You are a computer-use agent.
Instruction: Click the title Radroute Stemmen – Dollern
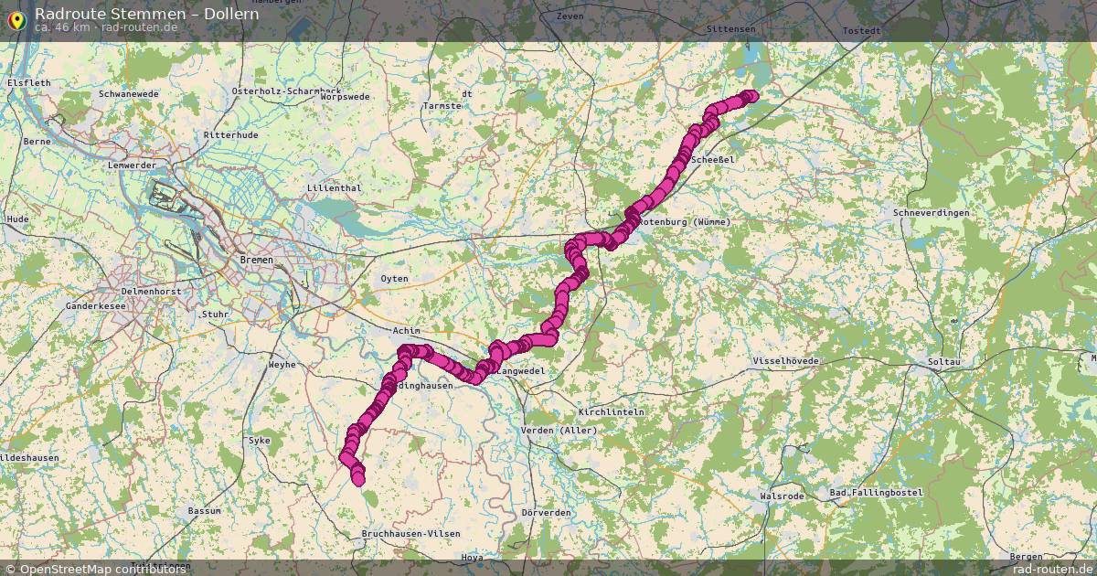(x=146, y=14)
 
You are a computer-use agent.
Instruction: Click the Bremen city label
(x=255, y=260)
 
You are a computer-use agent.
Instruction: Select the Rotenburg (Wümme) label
(x=672, y=222)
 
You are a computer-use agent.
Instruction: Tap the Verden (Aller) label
(x=558, y=431)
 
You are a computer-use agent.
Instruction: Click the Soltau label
(x=944, y=362)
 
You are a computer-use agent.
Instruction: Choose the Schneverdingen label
(x=932, y=212)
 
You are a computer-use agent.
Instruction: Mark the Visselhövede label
(x=785, y=361)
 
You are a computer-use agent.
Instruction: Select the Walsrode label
(x=782, y=496)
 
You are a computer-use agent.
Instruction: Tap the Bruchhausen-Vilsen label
(x=410, y=533)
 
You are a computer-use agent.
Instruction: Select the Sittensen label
(x=731, y=29)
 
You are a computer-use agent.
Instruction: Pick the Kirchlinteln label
(x=611, y=411)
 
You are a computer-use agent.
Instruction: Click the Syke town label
(x=260, y=441)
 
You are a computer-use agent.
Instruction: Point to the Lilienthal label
(x=335, y=188)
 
